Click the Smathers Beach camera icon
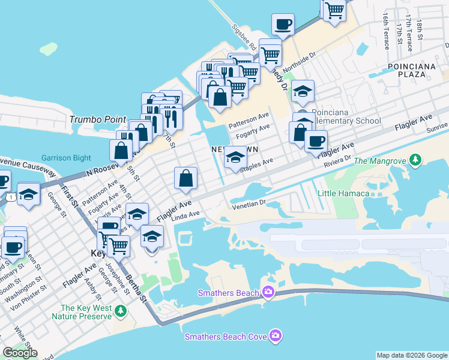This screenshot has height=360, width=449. (x=268, y=292)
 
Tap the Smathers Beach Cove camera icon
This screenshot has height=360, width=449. (x=276, y=335)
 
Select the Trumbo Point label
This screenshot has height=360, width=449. (x=98, y=119)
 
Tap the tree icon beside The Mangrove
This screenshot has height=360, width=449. (x=415, y=160)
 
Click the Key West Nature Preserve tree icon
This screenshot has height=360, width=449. (x=121, y=310)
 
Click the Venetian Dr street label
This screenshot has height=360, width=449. (x=249, y=203)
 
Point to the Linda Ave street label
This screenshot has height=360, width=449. (x=185, y=214)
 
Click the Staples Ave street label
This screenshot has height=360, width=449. (x=257, y=165)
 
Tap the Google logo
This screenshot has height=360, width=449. (x=20, y=353)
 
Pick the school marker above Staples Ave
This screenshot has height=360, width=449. (x=235, y=158)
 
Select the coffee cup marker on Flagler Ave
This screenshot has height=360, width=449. (x=316, y=142)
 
